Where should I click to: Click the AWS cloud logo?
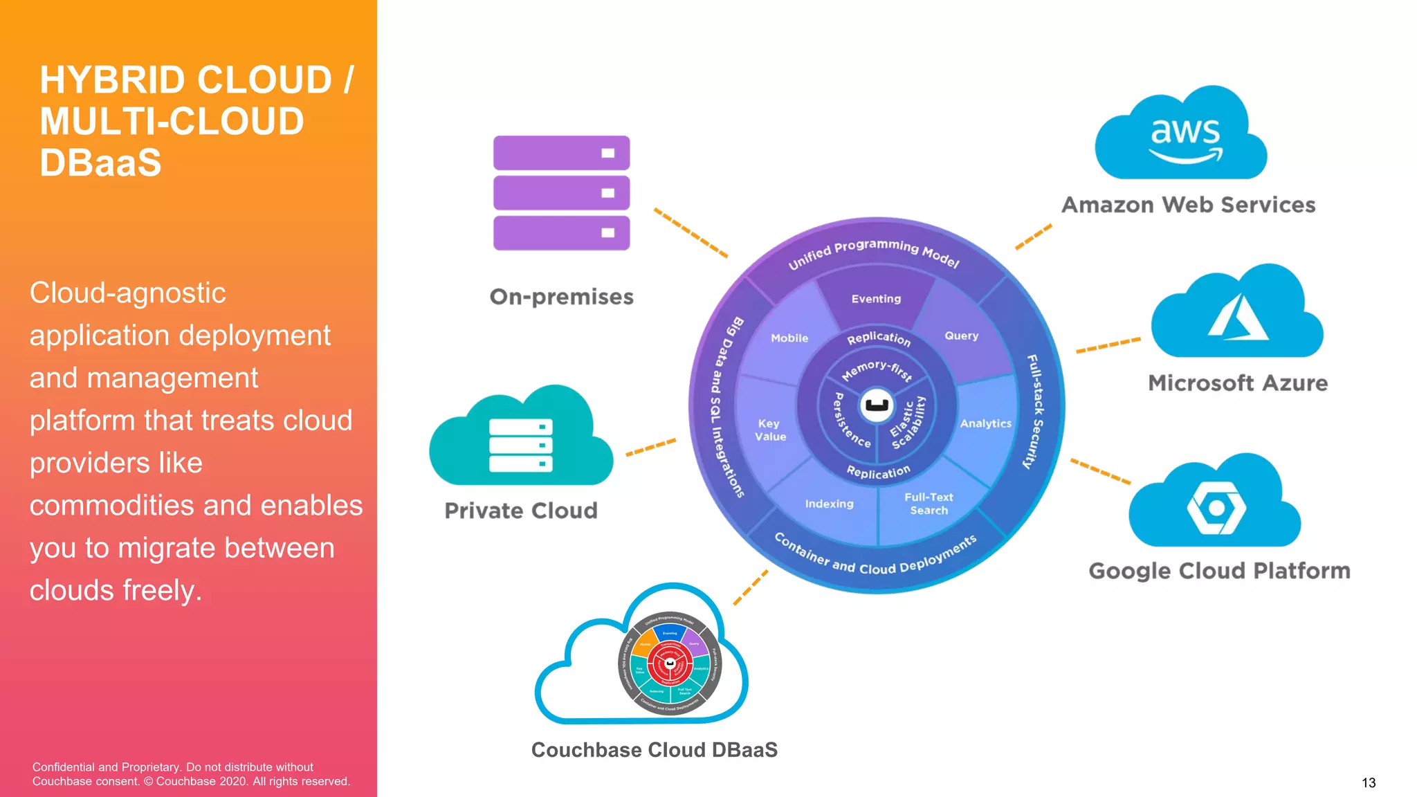(1182, 134)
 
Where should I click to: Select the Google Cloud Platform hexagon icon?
(1216, 507)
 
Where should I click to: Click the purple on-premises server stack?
(561, 192)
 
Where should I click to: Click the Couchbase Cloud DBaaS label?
(654, 750)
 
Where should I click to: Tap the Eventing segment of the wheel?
(876, 299)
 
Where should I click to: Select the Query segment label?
(961, 336)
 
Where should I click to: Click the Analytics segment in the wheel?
(985, 423)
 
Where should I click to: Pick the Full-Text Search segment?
(928, 504)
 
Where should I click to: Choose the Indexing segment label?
(829, 504)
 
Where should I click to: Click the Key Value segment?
(769, 430)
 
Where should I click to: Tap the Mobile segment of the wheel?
(789, 338)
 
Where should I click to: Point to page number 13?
(1368, 782)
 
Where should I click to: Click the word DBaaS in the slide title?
(100, 163)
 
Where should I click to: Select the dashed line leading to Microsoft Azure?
(1108, 345)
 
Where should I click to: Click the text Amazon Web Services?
(1188, 205)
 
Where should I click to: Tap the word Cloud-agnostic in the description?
(127, 293)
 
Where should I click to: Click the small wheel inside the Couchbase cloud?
(669, 663)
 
